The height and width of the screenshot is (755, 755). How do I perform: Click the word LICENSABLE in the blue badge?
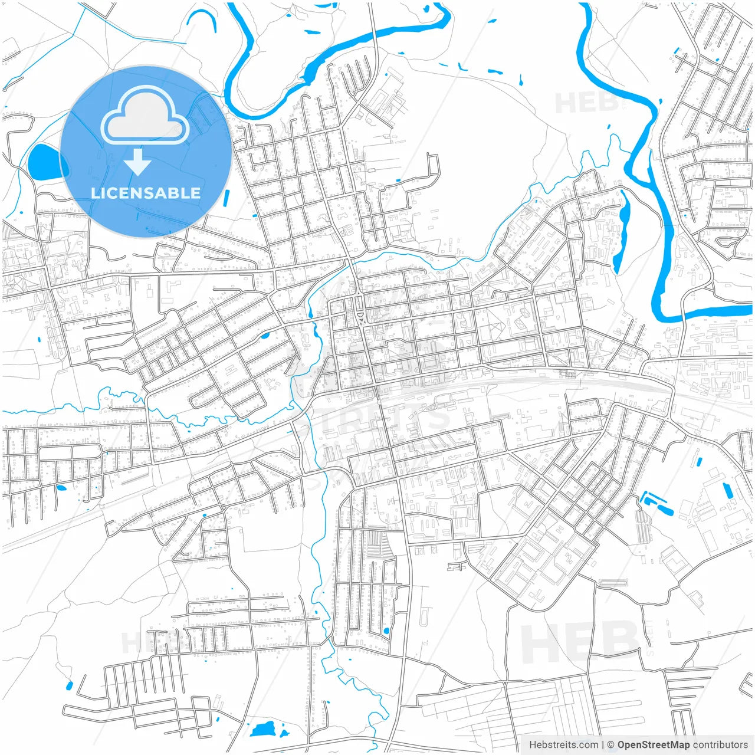coord(146,193)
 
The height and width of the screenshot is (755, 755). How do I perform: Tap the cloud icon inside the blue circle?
coord(145,116)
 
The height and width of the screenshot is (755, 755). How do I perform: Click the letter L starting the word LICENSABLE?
coord(94,193)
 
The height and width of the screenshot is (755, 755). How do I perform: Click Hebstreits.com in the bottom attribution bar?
coord(563,745)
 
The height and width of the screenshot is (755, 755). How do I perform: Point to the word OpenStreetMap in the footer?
coord(653,745)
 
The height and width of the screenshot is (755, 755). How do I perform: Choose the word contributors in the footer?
coord(720,745)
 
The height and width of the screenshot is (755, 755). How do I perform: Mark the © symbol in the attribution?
coord(611,745)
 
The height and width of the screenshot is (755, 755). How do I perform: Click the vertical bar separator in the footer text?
coord(603,745)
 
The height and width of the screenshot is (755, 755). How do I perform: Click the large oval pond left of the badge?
coord(44,163)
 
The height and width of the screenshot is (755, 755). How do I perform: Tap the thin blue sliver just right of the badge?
coord(226,199)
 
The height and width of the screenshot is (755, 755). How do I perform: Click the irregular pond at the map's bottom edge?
coord(265,730)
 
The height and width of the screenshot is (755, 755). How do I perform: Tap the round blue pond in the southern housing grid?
coord(386,631)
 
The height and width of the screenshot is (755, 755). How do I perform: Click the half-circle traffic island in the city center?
coord(360,319)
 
